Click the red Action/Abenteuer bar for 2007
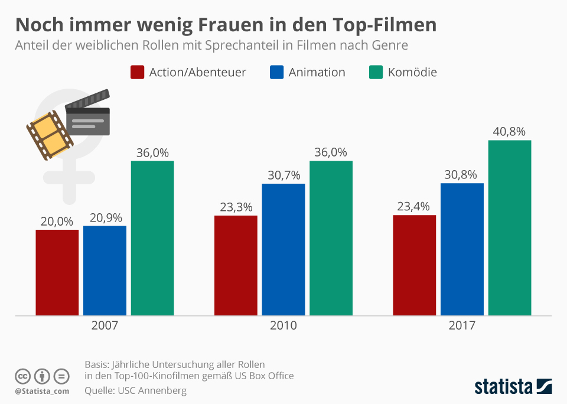pos(57,272)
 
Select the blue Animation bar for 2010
pos(283,249)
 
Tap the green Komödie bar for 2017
pos(510,227)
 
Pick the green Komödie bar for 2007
pos(152,237)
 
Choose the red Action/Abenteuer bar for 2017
pos(415,265)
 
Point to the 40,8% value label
pos(509,131)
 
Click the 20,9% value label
pos(105,217)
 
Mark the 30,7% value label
pos(284,175)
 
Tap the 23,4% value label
pos(413,207)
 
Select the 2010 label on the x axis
pos(284,326)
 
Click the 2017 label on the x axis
pos(462,326)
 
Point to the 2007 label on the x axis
pos(105,326)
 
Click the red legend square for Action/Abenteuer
pos(137,72)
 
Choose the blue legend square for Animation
pos(276,72)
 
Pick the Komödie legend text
pos(412,72)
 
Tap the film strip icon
pos(49,134)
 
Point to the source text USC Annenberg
pos(152,390)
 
